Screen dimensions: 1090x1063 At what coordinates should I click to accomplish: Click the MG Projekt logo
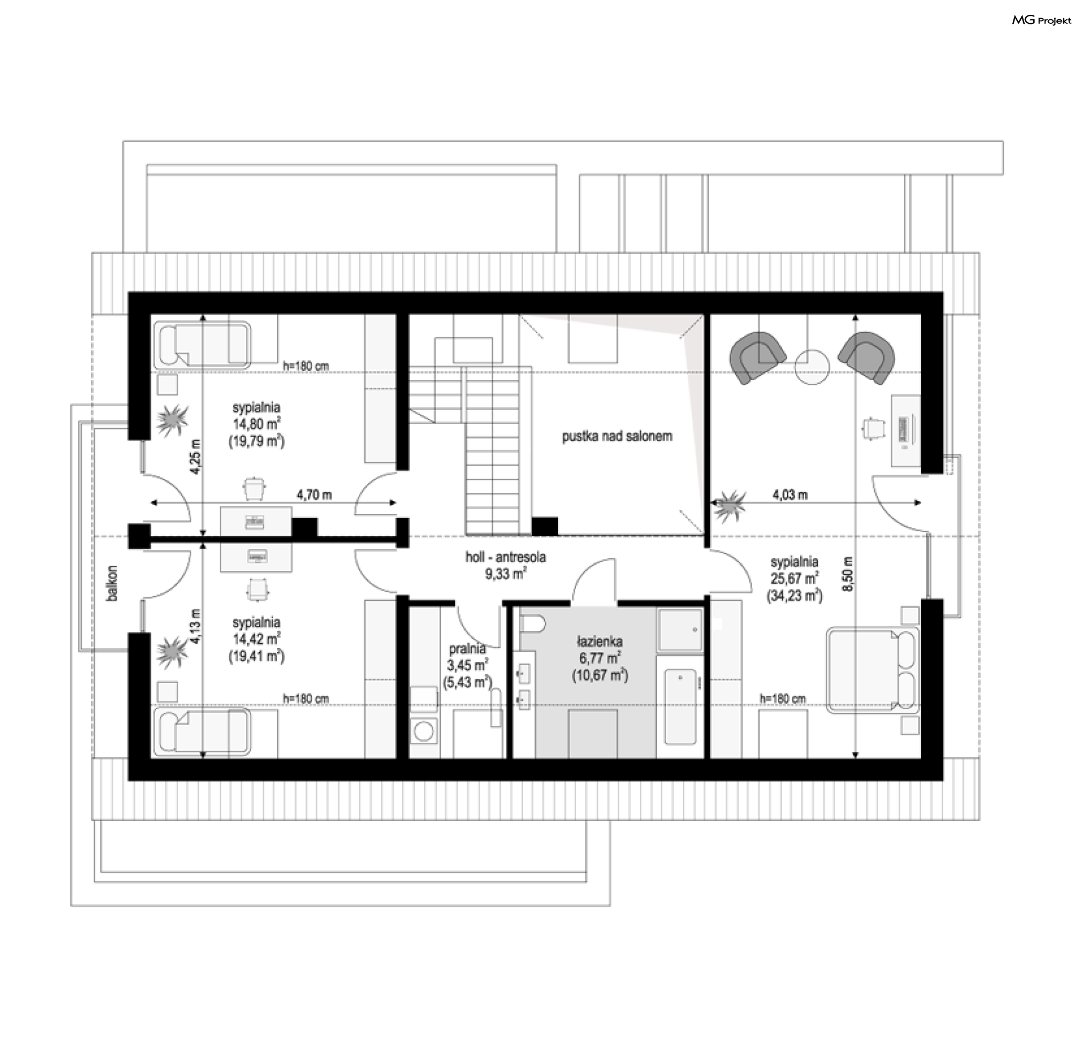[x=1042, y=20]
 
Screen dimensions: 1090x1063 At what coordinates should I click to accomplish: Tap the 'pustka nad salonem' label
[x=617, y=437]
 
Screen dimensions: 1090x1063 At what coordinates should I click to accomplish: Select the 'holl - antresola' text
[x=506, y=557]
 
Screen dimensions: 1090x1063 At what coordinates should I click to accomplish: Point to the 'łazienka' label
[x=599, y=642]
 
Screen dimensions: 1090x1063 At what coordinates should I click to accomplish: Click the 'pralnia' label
[x=467, y=648]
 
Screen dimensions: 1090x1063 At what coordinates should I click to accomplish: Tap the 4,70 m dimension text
[x=314, y=495]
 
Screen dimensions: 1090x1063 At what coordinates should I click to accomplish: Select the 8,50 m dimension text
[x=848, y=574]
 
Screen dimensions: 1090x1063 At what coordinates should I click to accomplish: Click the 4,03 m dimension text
[x=790, y=495]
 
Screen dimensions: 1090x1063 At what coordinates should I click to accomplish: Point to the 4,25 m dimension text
[x=196, y=457]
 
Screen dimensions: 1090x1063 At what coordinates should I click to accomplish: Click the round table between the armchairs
[x=812, y=367]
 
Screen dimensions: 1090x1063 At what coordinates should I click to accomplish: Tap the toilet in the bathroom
[x=533, y=624]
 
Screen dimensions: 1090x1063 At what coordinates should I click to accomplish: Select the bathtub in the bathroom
[x=680, y=708]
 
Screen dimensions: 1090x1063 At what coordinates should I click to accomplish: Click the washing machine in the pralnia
[x=424, y=732]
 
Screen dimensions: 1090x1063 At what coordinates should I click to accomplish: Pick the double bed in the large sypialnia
[x=872, y=669]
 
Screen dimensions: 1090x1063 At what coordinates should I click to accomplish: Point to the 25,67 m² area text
[x=794, y=579]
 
